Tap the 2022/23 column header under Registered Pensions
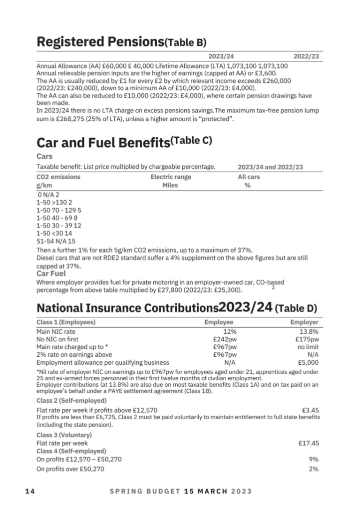tap(306, 56)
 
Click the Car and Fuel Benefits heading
tap(102, 144)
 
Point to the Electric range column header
tap(171, 177)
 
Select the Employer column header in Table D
tap(305, 322)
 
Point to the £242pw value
tap(224, 338)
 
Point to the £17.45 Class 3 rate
tap(309, 443)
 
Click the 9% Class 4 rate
tap(314, 459)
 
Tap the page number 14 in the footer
tap(30, 491)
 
